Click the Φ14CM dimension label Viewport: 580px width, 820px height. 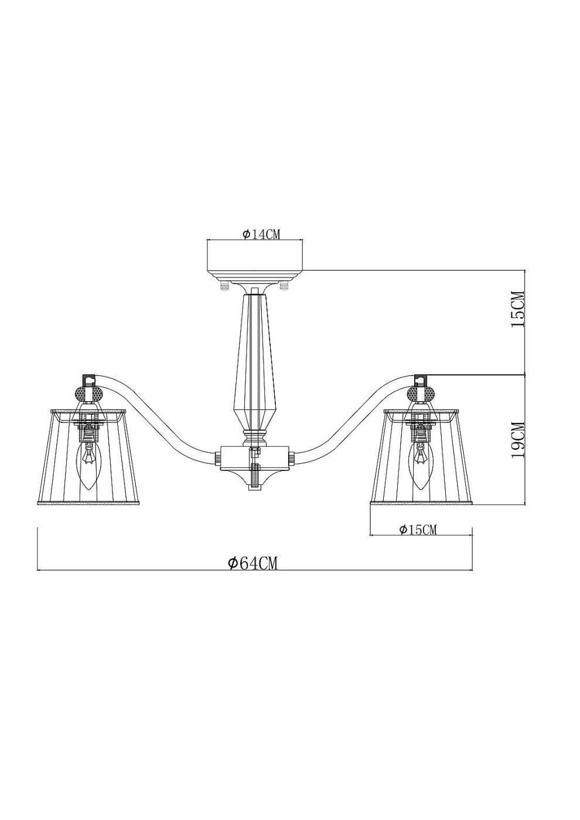pyautogui.click(x=261, y=234)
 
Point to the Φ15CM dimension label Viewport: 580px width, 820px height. pyautogui.click(x=418, y=529)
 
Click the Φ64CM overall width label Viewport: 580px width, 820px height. pyautogui.click(x=253, y=563)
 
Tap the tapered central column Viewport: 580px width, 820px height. pyautogui.click(x=254, y=357)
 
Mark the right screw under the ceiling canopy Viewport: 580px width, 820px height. pyautogui.click(x=285, y=287)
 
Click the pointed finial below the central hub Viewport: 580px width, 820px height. pyautogui.click(x=254, y=486)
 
